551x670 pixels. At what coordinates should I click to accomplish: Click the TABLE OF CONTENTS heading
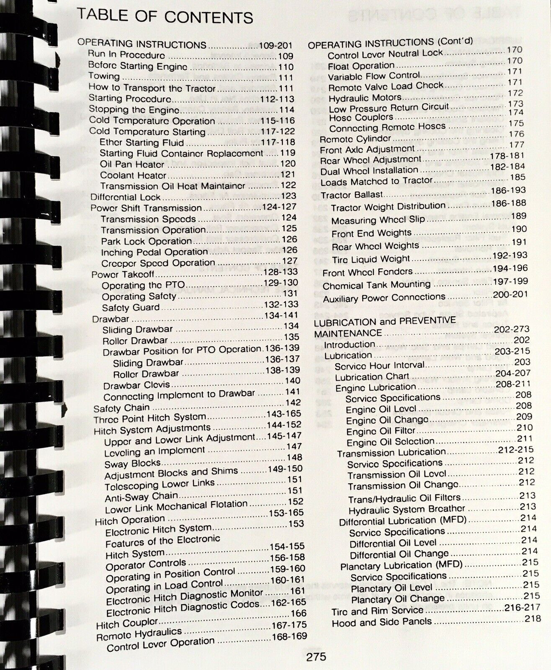click(165, 17)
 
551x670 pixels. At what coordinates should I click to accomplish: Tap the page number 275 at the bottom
click(316, 657)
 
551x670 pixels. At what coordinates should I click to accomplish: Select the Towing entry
click(104, 76)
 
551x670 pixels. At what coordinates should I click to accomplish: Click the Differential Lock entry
click(126, 197)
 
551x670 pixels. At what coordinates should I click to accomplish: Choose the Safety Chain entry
click(121, 408)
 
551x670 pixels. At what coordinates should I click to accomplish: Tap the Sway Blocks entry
click(133, 464)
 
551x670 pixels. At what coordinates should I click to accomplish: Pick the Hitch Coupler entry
click(127, 624)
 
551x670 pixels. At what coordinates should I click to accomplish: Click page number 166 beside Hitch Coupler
click(298, 614)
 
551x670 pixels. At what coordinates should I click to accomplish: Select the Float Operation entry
click(361, 66)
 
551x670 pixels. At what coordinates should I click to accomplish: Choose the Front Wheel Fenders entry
click(367, 272)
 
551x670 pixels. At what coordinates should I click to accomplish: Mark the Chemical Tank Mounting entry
click(376, 285)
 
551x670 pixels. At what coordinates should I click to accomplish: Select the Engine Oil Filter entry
click(381, 431)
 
